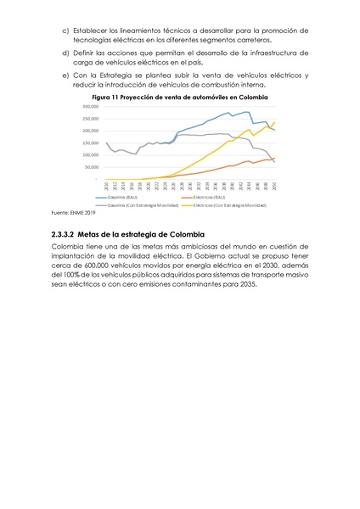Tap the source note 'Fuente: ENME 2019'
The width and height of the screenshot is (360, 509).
pos(74,212)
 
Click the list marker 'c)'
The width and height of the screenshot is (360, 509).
pos(66,31)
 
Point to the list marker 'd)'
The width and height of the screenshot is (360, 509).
pos(66,53)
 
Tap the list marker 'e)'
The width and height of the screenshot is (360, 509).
pos(66,76)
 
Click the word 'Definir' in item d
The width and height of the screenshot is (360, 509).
pos(87,53)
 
